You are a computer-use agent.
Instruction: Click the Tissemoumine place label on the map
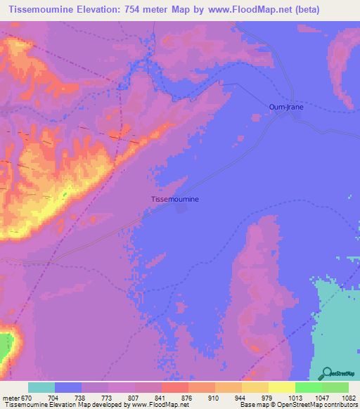pos(175,200)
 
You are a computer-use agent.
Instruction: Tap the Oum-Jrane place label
pos(287,107)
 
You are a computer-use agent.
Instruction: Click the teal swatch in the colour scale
pos(41,387)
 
